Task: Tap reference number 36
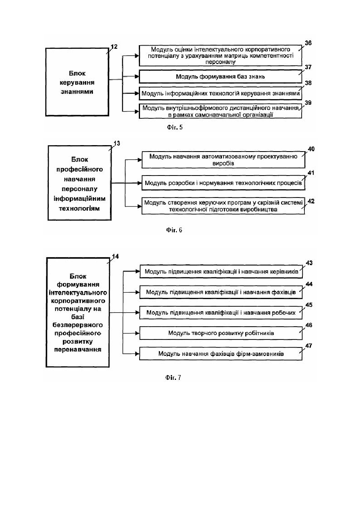coord(308,43)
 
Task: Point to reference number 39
coord(308,103)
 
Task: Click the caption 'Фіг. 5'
coord(174,127)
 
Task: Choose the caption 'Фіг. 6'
coord(174,230)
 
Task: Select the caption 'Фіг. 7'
coord(173,378)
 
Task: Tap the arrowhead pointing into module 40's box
coord(140,160)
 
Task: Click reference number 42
coord(311,202)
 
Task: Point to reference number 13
coord(117,144)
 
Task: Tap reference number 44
coord(309,284)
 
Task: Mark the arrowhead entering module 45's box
coord(137,313)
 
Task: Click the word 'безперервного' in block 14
coord(78,325)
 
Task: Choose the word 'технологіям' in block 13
coord(79,209)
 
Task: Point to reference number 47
coord(309,345)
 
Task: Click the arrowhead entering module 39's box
coord(137,112)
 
